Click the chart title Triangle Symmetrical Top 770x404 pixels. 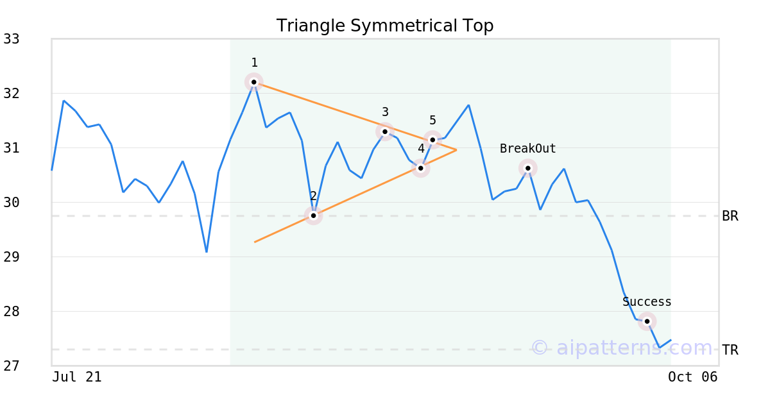click(x=385, y=26)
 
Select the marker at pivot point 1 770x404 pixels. click(x=254, y=82)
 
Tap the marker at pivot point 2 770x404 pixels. click(x=314, y=215)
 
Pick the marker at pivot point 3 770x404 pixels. click(x=385, y=131)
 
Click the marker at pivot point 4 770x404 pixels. click(x=421, y=168)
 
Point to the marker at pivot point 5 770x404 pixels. click(x=432, y=140)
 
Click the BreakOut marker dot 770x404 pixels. click(x=528, y=168)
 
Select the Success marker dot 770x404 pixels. click(x=647, y=321)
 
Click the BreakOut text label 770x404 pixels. click(x=527, y=149)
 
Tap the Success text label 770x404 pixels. click(x=647, y=302)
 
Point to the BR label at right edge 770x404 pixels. click(x=730, y=216)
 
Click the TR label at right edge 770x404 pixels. click(x=730, y=350)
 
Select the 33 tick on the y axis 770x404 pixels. click(x=12, y=39)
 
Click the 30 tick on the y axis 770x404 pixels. click(x=12, y=203)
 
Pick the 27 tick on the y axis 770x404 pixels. click(x=12, y=366)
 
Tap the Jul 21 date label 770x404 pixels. click(x=76, y=377)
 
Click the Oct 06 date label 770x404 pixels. click(x=693, y=377)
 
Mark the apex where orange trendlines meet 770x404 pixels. click(x=456, y=150)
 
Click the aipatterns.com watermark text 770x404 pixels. click(x=622, y=348)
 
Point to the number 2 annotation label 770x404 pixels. click(x=313, y=196)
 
